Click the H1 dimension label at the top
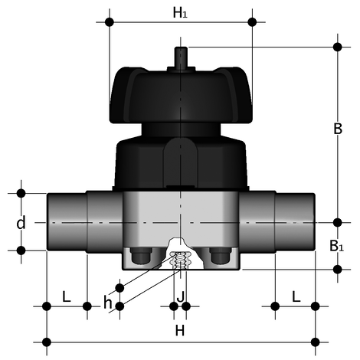click(x=180, y=13)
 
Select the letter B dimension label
click(x=338, y=129)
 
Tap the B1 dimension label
click(x=337, y=246)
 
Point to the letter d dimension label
click(x=21, y=222)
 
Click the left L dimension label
click(x=67, y=297)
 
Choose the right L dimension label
click(x=296, y=297)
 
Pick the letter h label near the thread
click(x=108, y=303)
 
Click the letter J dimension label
click(x=181, y=297)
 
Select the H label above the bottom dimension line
click(x=180, y=331)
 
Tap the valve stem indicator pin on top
click(x=181, y=57)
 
